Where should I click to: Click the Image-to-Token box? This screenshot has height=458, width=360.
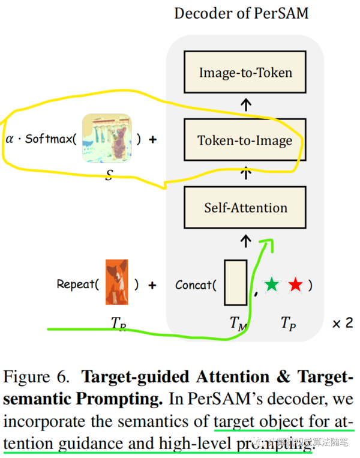[245, 73]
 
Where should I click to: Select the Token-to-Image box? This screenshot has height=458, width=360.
[245, 140]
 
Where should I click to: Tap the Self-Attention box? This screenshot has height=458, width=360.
[245, 208]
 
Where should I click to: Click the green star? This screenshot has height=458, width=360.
[272, 284]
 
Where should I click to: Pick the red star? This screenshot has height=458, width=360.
[295, 284]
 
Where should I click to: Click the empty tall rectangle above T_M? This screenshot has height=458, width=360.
[235, 282]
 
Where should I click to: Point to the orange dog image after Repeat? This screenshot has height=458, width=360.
[117, 283]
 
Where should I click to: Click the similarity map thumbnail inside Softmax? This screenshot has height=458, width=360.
[106, 139]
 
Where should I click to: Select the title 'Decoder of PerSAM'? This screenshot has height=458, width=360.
[241, 13]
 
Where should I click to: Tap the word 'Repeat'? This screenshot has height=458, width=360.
[76, 284]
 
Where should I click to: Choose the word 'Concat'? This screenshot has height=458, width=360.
[194, 284]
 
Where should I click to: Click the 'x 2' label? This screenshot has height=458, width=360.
[342, 323]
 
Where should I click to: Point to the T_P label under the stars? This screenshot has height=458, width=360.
[287, 323]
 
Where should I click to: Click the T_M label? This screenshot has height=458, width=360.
[238, 323]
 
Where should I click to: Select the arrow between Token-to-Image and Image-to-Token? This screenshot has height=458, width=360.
[245, 107]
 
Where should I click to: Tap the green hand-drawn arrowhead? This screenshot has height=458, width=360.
[266, 244]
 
